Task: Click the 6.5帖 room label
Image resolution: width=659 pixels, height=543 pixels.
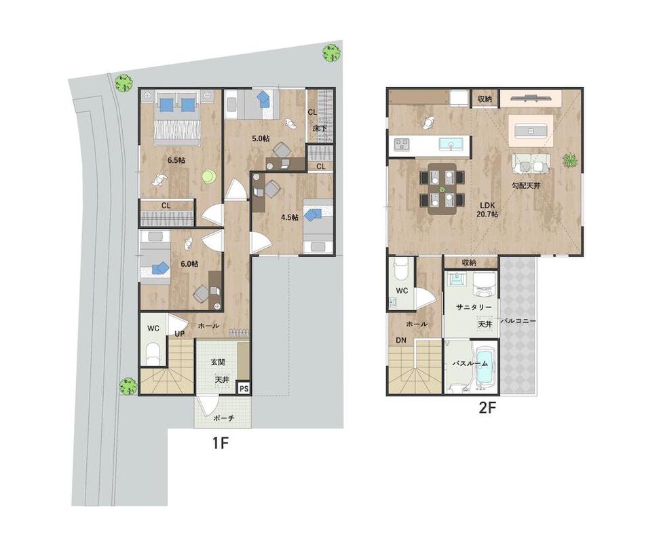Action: click(176, 160)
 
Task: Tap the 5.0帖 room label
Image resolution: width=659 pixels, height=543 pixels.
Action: click(261, 138)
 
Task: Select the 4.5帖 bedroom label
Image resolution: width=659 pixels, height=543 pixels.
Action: click(290, 217)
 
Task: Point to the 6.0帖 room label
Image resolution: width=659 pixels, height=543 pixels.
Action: click(189, 264)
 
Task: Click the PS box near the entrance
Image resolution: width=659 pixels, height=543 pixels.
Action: click(244, 389)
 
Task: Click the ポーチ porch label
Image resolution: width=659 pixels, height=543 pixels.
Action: click(223, 418)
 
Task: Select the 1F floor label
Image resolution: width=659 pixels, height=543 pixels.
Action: click(220, 443)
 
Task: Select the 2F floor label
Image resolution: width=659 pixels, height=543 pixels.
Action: click(487, 408)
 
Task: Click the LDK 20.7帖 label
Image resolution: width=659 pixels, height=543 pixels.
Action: click(487, 209)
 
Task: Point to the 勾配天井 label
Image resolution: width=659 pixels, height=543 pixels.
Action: click(526, 185)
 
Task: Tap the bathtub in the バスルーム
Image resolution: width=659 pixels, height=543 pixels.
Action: click(484, 365)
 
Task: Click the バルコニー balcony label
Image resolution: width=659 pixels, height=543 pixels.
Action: click(518, 321)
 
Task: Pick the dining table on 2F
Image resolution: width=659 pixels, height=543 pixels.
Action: click(442, 189)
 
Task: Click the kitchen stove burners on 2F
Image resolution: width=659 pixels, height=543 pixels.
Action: click(401, 144)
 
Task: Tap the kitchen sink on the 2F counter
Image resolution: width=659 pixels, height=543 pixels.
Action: click(450, 144)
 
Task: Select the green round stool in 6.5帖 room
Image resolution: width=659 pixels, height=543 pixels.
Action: click(208, 176)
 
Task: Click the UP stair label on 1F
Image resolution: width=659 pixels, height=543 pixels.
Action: click(179, 334)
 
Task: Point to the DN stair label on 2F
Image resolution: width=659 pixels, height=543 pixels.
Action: click(401, 340)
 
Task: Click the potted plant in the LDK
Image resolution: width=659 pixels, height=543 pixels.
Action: click(569, 161)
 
